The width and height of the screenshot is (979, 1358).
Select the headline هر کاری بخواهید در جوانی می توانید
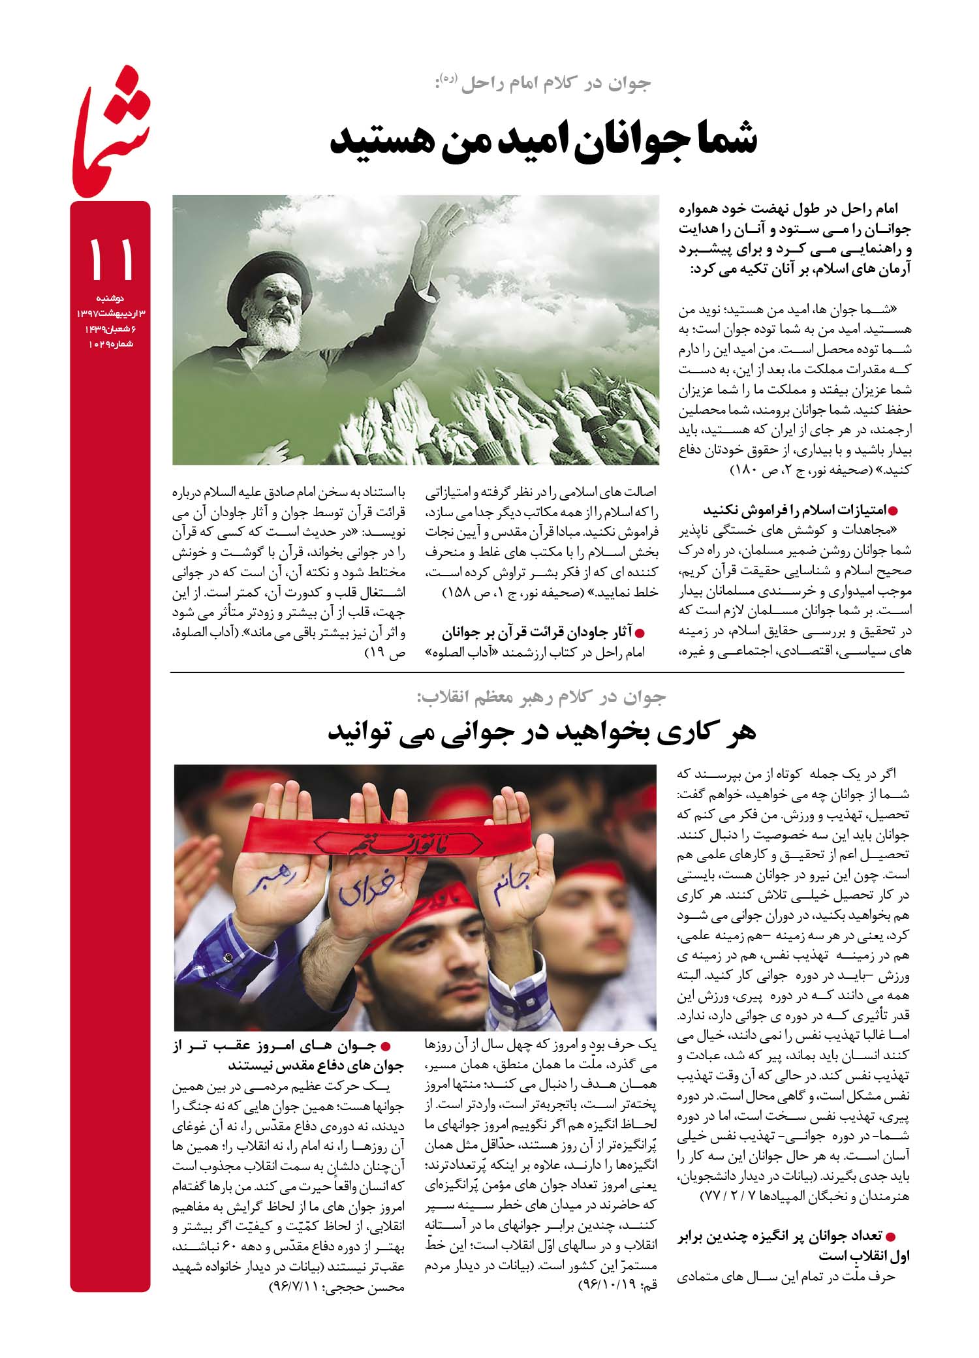[541, 732]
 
